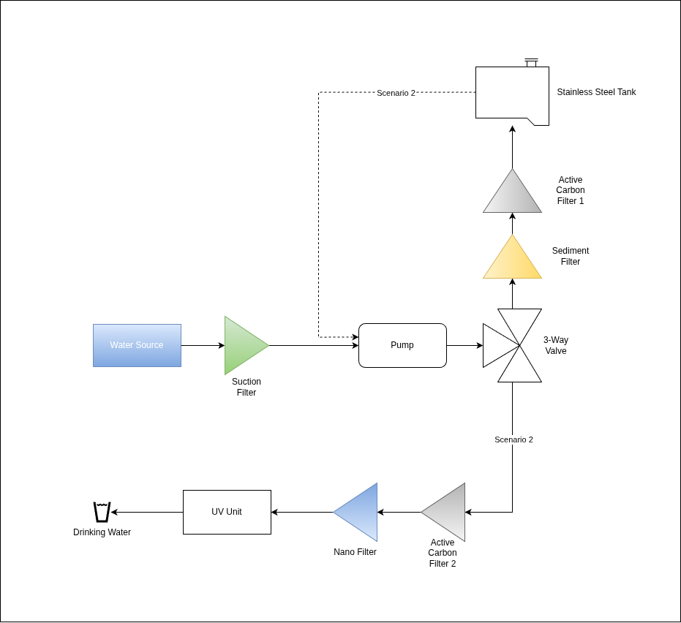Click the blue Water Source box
[x=137, y=345]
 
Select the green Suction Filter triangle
[x=242, y=345]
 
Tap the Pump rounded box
[x=402, y=345]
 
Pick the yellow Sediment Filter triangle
[x=512, y=262]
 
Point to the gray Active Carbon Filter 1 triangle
[x=512, y=196]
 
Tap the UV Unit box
[x=227, y=512]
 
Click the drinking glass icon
[x=102, y=512]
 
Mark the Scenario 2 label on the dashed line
[x=396, y=93]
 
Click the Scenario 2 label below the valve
[x=513, y=439]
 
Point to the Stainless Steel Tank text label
[x=596, y=92]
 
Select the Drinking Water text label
[x=102, y=532]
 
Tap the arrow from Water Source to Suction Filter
[x=203, y=345]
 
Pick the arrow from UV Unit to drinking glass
[x=146, y=512]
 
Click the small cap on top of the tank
[x=531, y=62]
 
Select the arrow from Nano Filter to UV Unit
[x=301, y=512]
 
